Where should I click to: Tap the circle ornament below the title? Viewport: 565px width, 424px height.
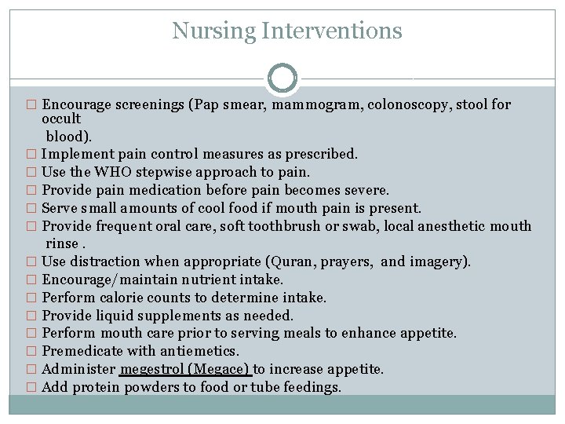(282, 78)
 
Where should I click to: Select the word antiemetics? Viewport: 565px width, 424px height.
(199, 351)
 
